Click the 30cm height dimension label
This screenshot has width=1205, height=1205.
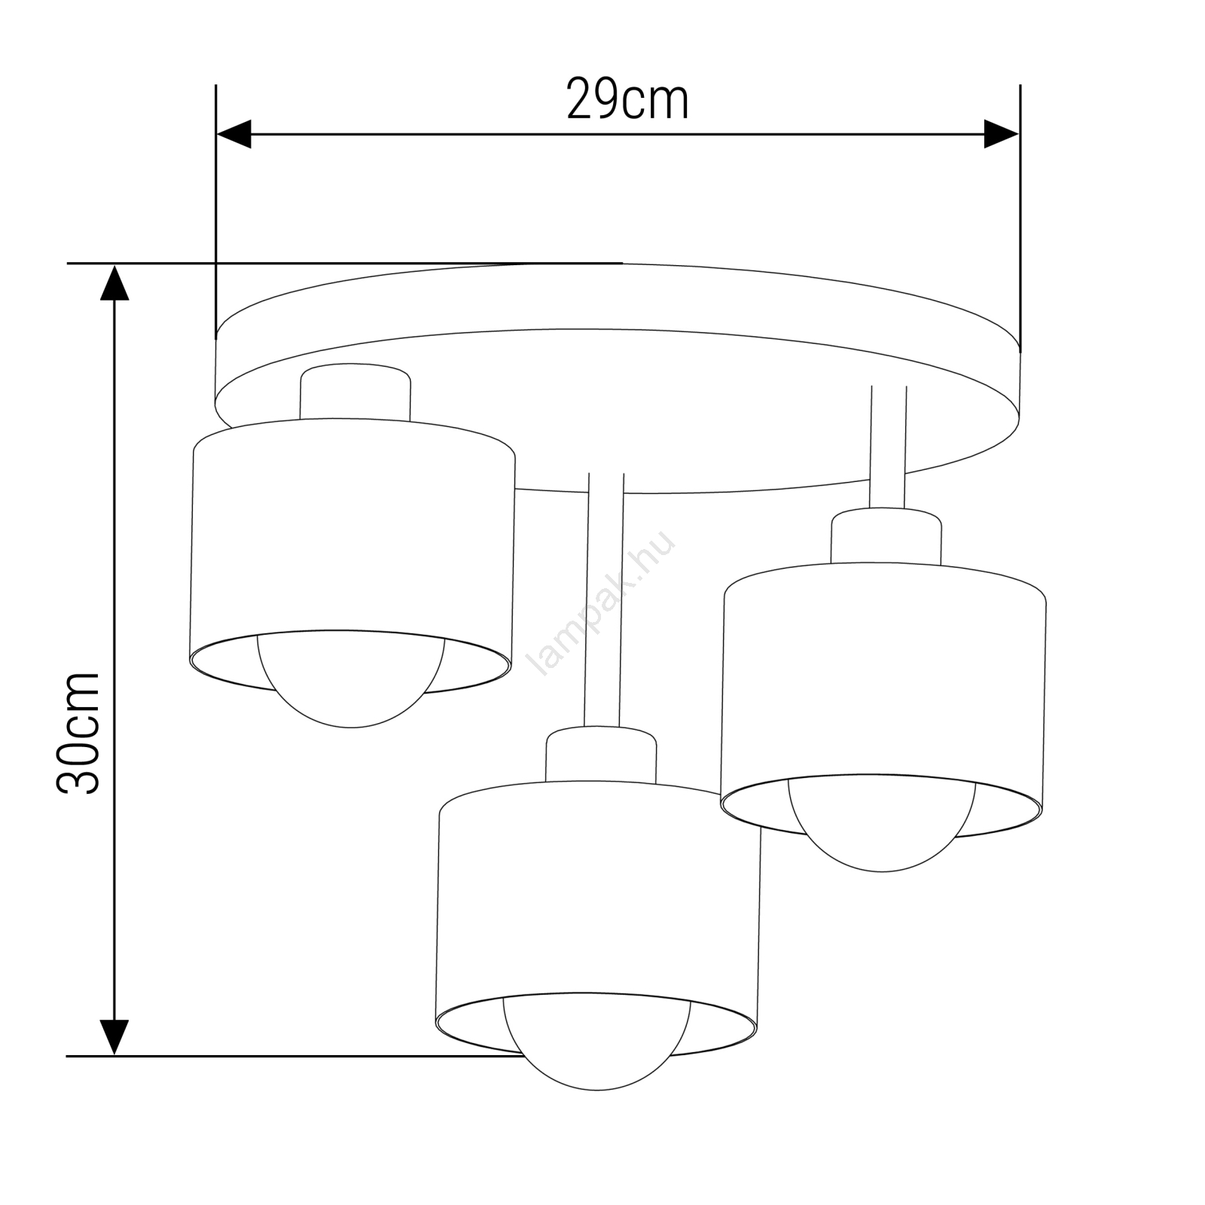click(x=78, y=732)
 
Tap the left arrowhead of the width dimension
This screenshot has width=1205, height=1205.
click(x=233, y=134)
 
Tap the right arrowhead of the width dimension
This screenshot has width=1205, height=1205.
click(x=1002, y=134)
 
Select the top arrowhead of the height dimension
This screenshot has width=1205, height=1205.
click(x=114, y=282)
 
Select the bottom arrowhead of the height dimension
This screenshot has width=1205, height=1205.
click(x=114, y=1037)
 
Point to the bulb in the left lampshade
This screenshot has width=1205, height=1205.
click(x=351, y=682)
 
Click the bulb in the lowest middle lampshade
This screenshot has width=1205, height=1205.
click(x=597, y=1044)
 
